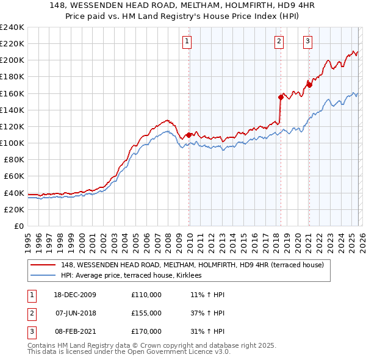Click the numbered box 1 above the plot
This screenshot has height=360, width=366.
pos(186,41)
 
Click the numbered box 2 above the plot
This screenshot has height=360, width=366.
pos(279,41)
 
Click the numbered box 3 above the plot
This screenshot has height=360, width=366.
pos(307,41)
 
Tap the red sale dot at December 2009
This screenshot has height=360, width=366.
pos(189,134)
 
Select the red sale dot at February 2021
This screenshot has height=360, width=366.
pos(309,85)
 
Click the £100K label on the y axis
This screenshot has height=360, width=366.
pos(12,143)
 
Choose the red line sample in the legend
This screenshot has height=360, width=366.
pos(44,265)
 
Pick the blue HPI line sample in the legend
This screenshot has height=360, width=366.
pos(44,275)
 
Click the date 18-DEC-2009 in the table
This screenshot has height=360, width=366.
pos(76,295)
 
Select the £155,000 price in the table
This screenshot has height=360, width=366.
pos(146,313)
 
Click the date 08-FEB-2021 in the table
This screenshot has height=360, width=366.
pos(76,331)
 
